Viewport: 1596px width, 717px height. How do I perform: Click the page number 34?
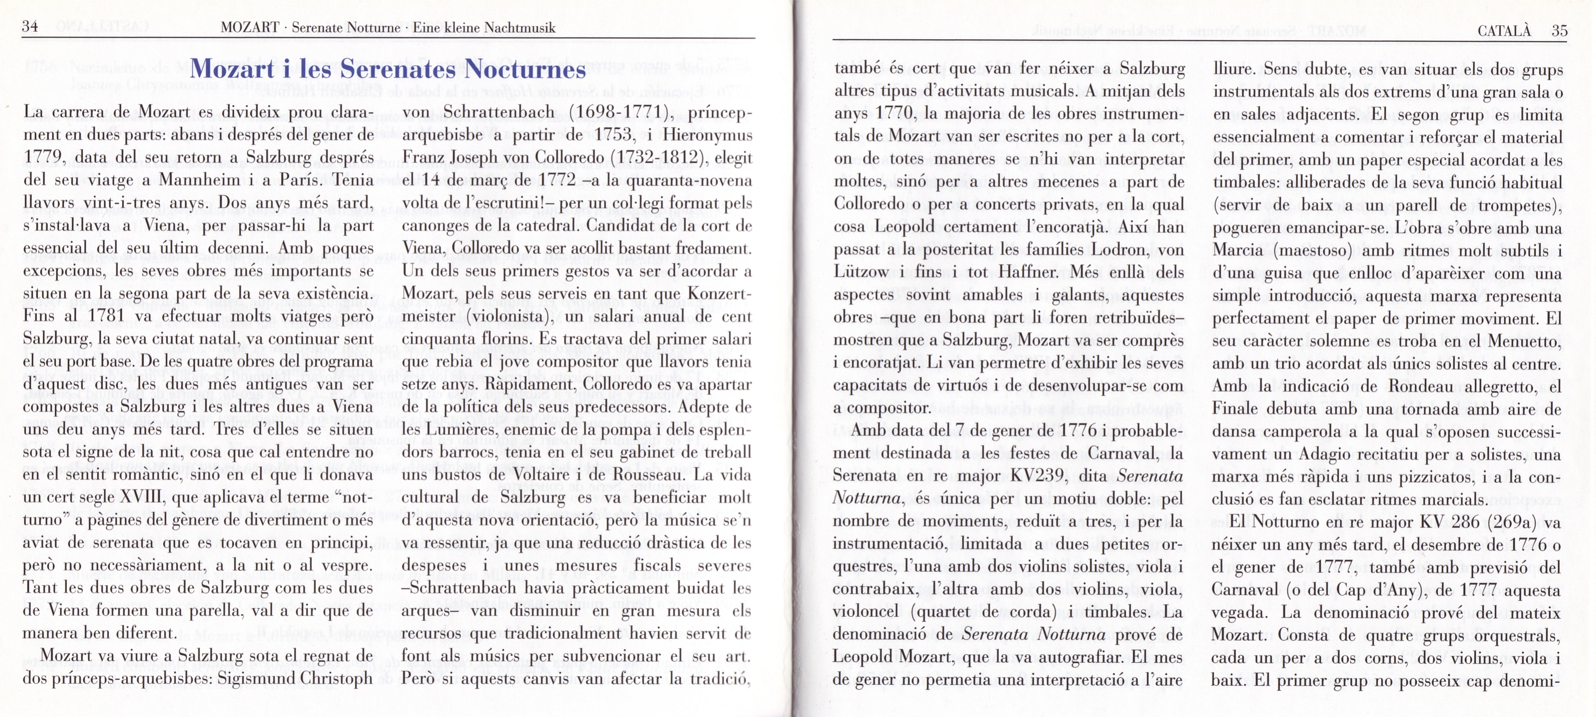[30, 27]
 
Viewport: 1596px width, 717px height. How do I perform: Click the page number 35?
[1559, 30]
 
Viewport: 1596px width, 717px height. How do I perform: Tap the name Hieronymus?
[708, 135]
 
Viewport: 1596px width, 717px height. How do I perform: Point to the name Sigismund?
[254, 679]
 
